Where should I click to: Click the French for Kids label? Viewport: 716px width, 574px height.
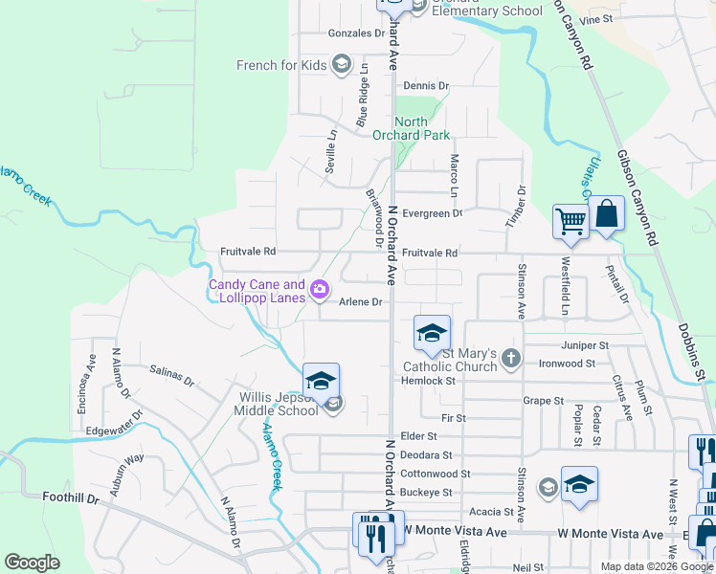[281, 65]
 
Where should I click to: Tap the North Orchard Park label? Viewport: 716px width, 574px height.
[423, 128]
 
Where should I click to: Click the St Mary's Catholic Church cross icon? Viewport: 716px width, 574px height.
[511, 359]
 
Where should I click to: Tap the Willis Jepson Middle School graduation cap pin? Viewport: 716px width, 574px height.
[321, 380]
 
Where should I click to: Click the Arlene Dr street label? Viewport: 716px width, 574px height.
[361, 302]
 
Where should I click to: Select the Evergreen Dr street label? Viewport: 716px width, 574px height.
[433, 213]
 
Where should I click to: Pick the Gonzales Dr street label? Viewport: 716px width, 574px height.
[355, 33]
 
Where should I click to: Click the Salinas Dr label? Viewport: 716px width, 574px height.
[172, 375]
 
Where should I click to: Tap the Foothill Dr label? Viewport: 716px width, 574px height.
[71, 497]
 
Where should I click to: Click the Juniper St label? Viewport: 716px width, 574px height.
[587, 344]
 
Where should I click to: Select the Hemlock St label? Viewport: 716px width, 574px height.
[429, 381]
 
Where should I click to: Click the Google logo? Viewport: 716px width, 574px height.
[32, 563]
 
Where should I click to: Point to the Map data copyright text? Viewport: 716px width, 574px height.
[657, 566]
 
